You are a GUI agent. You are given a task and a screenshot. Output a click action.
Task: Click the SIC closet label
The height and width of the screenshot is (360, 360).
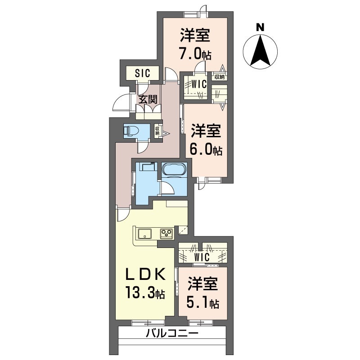[x=143, y=73]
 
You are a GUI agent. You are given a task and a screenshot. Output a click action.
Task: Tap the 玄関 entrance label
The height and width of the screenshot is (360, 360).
[x=148, y=99]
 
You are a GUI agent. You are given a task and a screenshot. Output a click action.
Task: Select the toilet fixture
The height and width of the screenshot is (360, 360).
[x=131, y=131]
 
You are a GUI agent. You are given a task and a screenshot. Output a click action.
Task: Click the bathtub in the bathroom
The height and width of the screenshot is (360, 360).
[x=173, y=170]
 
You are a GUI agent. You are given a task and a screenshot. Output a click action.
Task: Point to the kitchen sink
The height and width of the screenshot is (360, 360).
[x=144, y=234]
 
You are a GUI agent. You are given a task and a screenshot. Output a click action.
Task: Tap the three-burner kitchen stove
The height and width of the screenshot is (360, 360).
[x=166, y=234]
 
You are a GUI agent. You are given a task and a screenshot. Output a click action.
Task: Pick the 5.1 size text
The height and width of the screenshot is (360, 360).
[x=198, y=303]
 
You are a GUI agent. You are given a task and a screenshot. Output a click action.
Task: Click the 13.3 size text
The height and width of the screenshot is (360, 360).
[x=140, y=293]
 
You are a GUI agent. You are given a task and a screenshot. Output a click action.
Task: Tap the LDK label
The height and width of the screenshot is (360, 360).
[x=144, y=274]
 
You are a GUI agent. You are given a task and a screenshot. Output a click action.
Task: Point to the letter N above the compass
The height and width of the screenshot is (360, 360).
[x=260, y=27]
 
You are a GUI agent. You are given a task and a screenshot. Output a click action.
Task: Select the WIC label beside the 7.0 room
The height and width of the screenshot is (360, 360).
[x=199, y=85]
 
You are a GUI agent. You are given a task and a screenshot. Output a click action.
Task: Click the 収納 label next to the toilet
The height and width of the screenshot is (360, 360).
[x=157, y=131]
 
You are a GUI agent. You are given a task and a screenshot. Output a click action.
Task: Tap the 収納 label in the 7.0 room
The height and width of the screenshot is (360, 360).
[x=220, y=77]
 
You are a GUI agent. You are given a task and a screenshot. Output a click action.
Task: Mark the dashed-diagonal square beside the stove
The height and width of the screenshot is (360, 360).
[x=183, y=230]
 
